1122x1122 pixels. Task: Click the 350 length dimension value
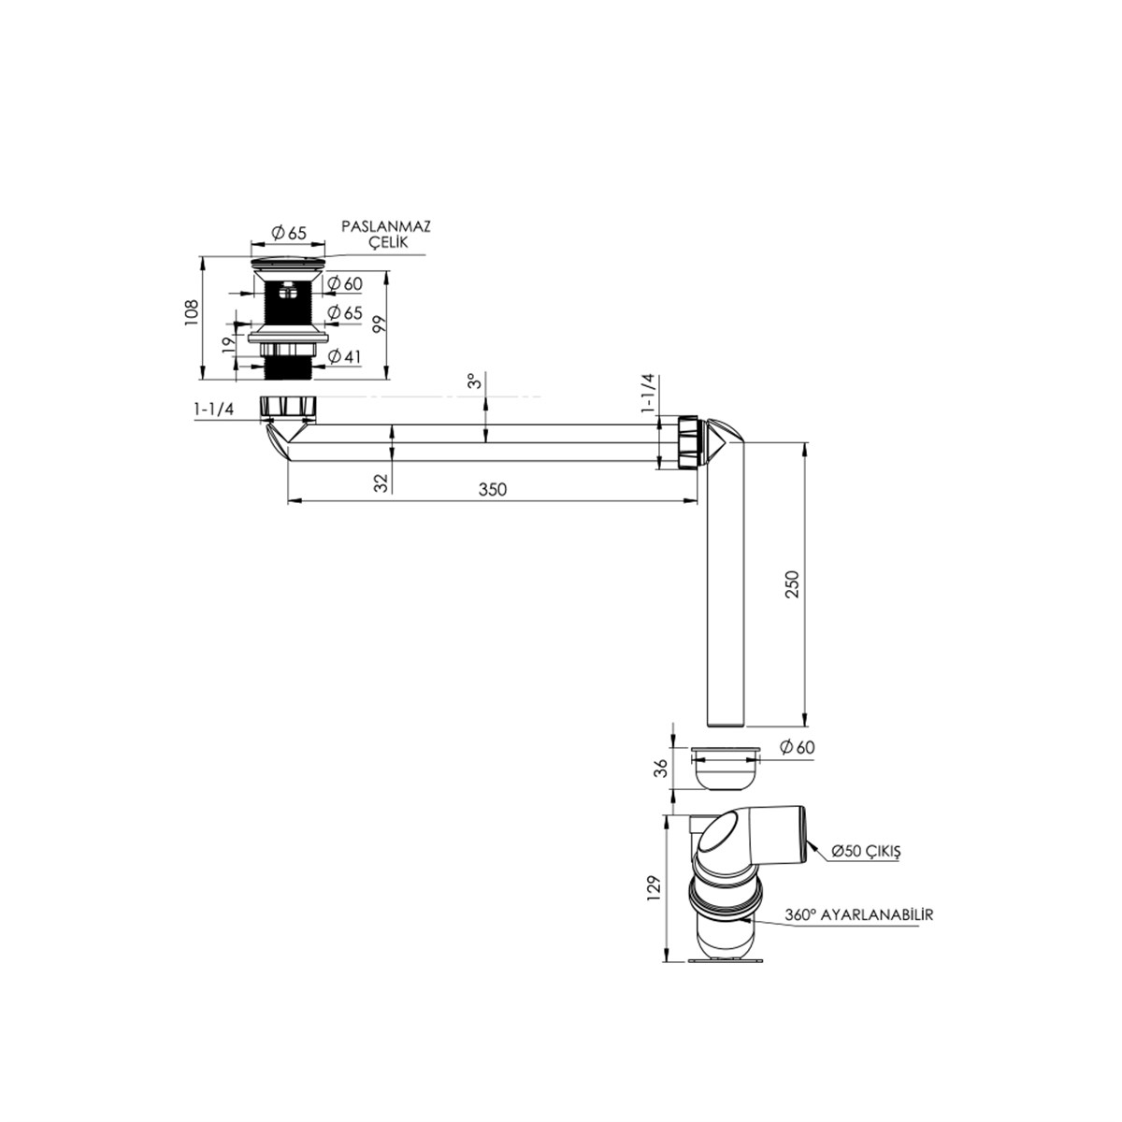493,490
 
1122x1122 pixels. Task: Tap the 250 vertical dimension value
793,584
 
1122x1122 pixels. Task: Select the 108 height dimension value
193,312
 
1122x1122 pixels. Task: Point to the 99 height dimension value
379,324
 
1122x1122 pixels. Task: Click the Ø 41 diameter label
344,357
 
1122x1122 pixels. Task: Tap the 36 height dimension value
661,769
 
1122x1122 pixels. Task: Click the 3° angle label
475,381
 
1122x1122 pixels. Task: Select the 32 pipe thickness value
381,482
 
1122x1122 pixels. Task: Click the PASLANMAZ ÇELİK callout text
385,234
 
